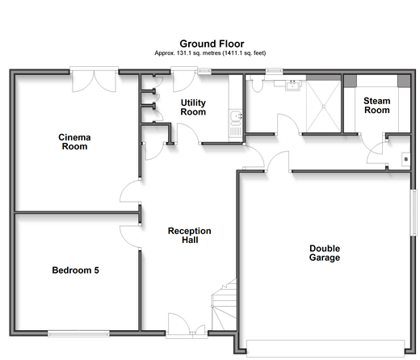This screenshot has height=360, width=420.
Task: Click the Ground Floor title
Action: [x=212, y=44]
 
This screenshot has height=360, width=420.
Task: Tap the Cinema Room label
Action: [x=74, y=142]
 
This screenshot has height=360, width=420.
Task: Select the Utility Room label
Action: [x=193, y=107]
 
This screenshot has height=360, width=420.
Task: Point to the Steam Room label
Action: [x=377, y=106]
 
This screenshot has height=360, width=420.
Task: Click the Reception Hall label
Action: [x=190, y=235]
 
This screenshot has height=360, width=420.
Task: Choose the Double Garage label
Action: [x=325, y=253]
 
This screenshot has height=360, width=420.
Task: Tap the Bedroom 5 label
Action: [x=76, y=270]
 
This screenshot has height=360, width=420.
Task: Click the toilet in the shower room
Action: [x=257, y=84]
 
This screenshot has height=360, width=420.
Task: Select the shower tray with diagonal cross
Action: [x=324, y=107]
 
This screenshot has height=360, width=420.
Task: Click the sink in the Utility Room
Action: [x=236, y=119]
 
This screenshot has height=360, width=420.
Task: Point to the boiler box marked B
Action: [x=405, y=159]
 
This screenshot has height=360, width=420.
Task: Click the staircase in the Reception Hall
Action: [x=224, y=305]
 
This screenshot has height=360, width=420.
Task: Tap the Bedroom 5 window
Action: [x=78, y=333]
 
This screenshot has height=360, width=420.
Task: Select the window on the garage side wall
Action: [x=414, y=212]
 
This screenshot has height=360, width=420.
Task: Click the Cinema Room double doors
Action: [x=94, y=81]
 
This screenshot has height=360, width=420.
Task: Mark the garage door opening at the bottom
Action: [x=325, y=349]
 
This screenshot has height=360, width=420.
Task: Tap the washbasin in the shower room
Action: [x=293, y=86]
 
